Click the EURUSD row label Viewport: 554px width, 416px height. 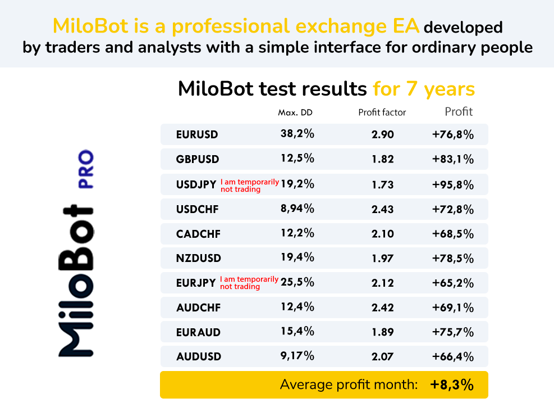[x=197, y=134]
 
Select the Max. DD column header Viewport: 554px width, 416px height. [x=295, y=112]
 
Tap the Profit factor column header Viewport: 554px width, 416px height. [x=382, y=112]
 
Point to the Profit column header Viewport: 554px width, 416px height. [x=459, y=112]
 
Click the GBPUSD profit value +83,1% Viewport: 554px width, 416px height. [x=452, y=159]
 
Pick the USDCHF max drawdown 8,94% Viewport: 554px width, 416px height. [x=297, y=209]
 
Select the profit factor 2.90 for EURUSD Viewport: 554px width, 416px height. [x=383, y=134]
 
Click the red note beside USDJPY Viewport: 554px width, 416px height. [x=250, y=186]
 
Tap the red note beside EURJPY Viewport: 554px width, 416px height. [x=249, y=283]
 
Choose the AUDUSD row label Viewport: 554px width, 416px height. [x=199, y=356]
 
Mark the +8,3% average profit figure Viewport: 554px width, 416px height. [x=452, y=385]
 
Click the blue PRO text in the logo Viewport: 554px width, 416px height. [x=86, y=169]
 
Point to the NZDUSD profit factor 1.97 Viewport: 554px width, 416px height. [x=383, y=258]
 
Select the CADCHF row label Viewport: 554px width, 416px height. [x=198, y=234]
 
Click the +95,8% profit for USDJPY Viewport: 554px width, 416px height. [x=452, y=184]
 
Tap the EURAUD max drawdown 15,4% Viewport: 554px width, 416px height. [x=297, y=331]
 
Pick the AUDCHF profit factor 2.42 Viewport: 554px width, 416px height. [x=383, y=308]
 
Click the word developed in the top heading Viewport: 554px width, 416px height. [x=463, y=27]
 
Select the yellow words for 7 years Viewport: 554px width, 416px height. [x=424, y=89]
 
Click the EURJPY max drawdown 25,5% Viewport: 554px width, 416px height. [x=297, y=282]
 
